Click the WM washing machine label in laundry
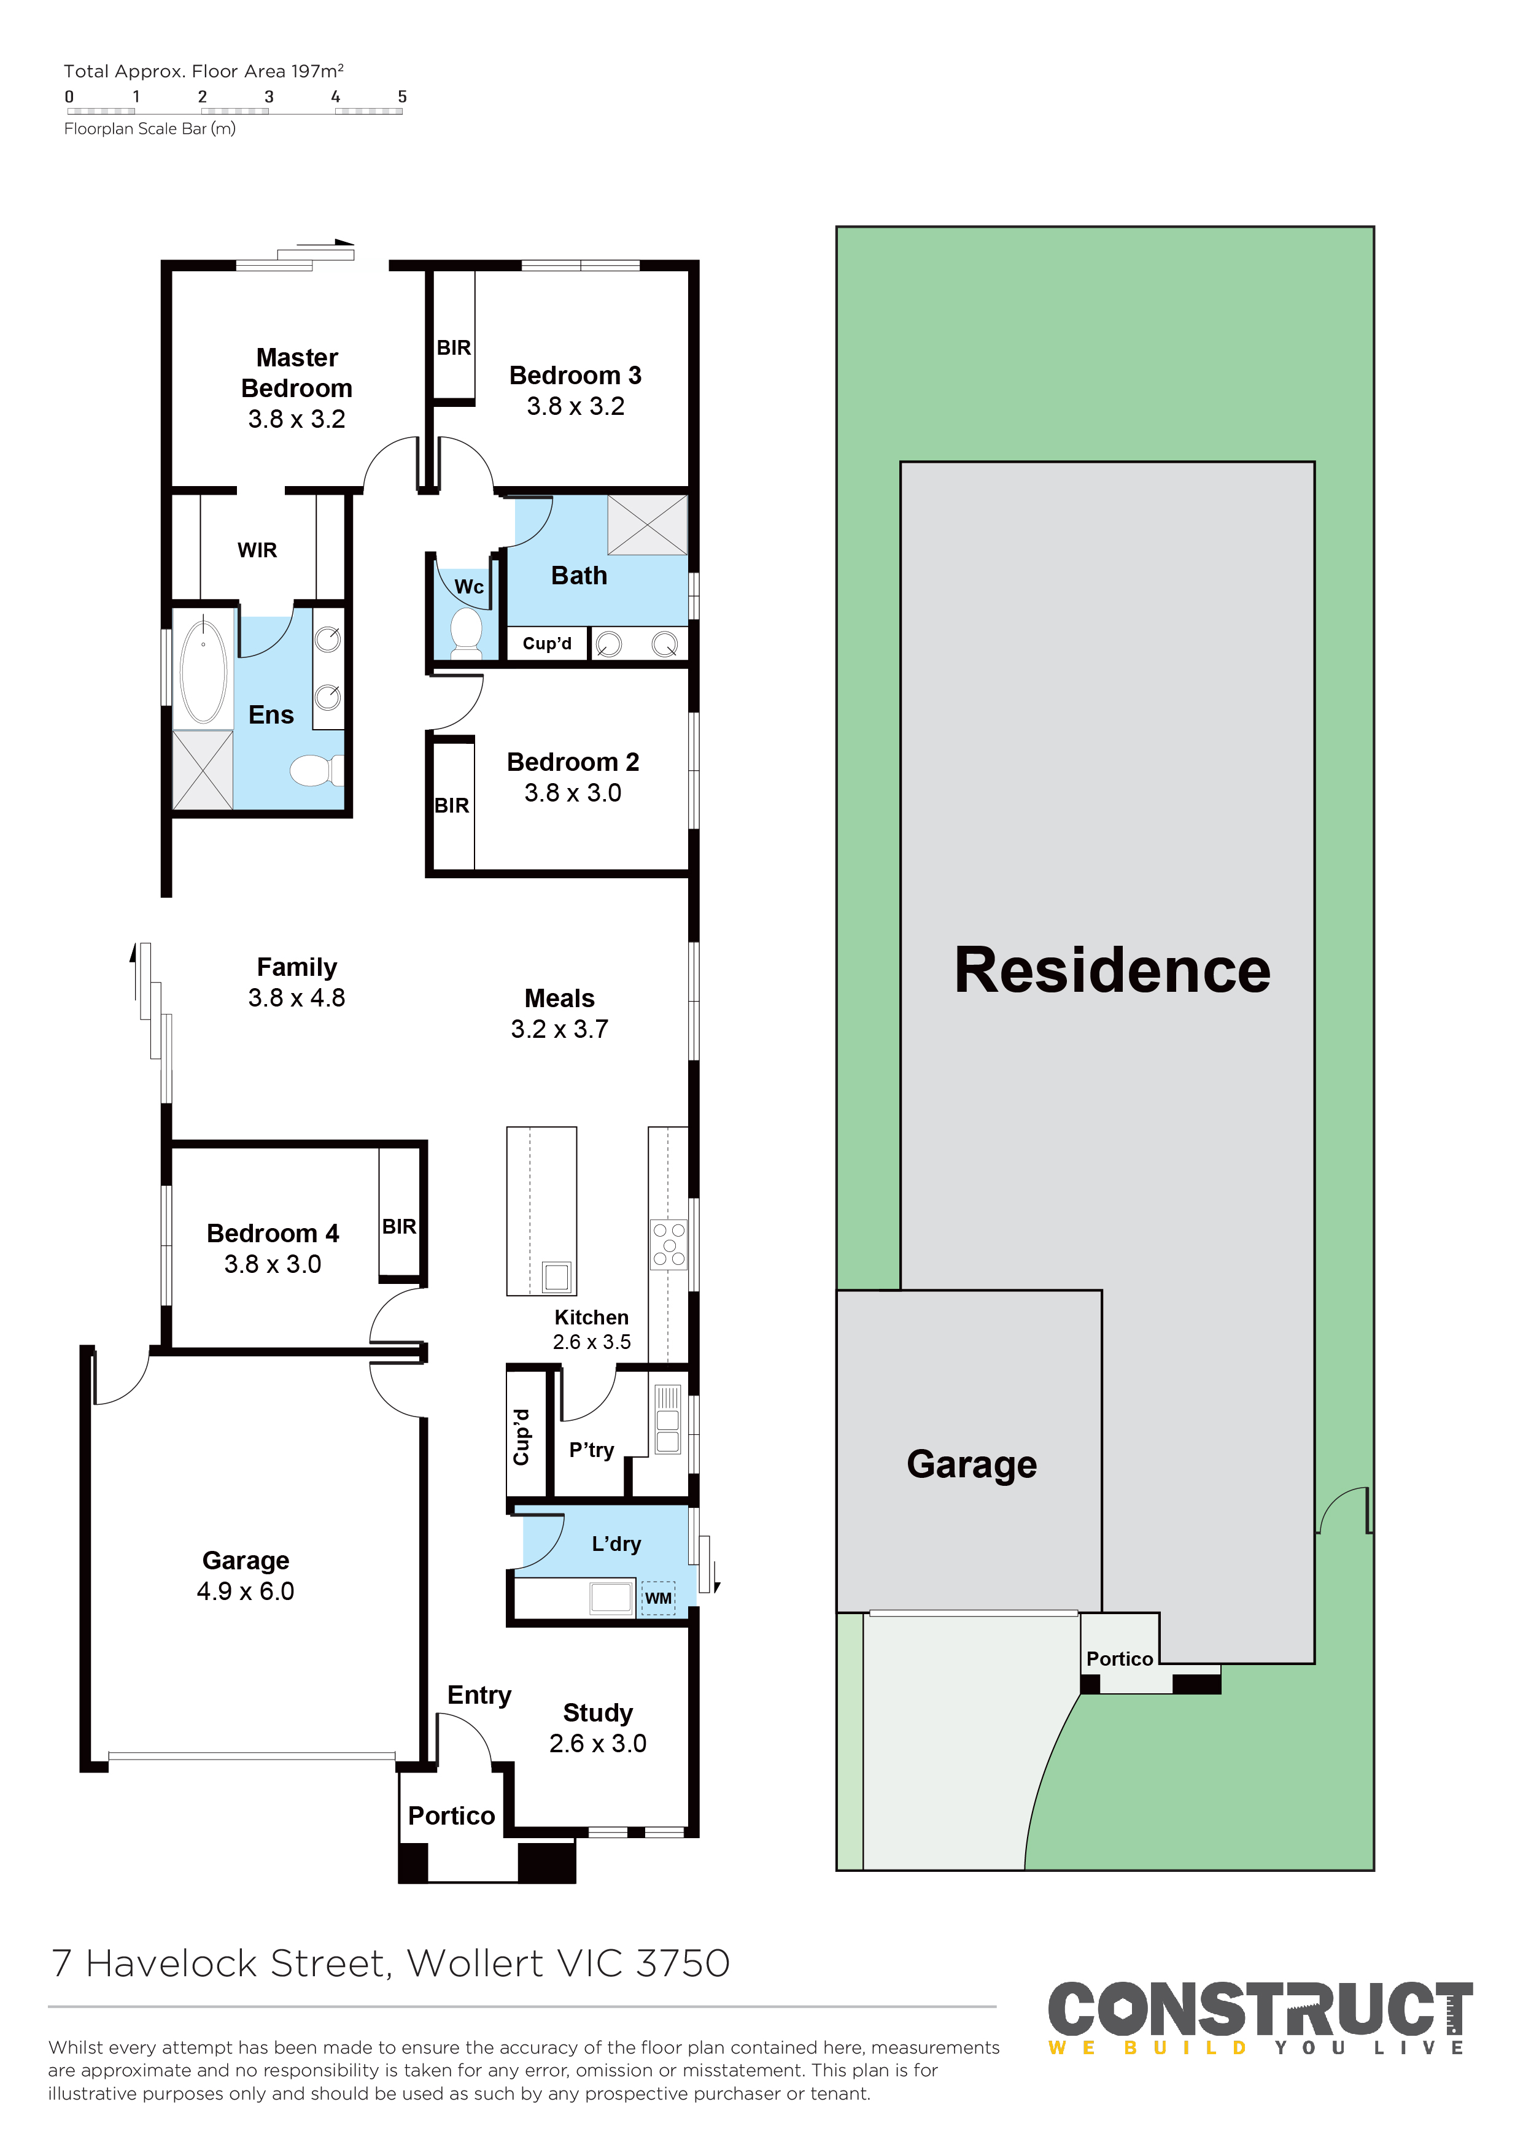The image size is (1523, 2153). click(658, 1598)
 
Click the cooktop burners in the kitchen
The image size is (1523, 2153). click(668, 1244)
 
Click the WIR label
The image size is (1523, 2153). click(257, 551)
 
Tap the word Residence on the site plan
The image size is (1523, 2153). click(1112, 970)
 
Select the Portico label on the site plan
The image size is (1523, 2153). click(1120, 1659)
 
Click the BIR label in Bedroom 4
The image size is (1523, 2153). click(398, 1226)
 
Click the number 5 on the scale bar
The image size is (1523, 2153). click(402, 96)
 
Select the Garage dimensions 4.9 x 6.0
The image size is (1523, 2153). click(245, 1591)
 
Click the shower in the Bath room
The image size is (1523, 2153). click(647, 525)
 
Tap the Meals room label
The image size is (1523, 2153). click(559, 999)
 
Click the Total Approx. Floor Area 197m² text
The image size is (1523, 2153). click(204, 71)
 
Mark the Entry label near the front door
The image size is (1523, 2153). click(479, 1695)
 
